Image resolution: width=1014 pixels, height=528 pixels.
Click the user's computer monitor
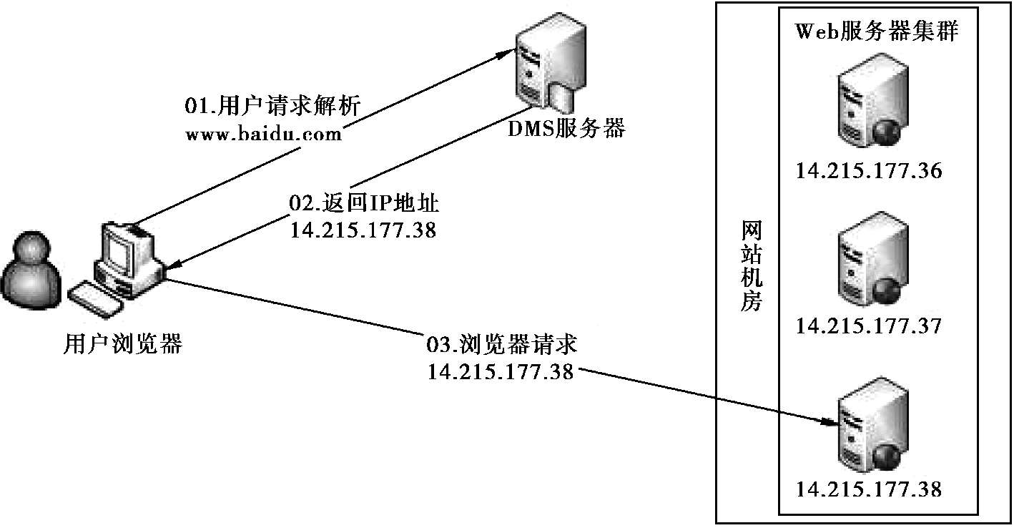pyautogui.click(x=119, y=248)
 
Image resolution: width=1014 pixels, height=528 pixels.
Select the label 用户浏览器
pyautogui.click(x=122, y=346)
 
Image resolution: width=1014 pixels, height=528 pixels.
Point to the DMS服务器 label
pyautogui.click(x=566, y=129)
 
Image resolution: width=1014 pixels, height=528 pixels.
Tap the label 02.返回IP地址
pyautogui.click(x=363, y=203)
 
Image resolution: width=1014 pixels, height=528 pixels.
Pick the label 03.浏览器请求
pyautogui.click(x=501, y=345)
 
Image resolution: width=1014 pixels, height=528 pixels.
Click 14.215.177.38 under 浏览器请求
pyautogui.click(x=501, y=371)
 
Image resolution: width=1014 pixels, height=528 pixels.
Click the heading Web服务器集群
pyautogui.click(x=876, y=33)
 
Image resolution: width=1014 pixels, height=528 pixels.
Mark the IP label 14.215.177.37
pyautogui.click(x=869, y=326)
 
